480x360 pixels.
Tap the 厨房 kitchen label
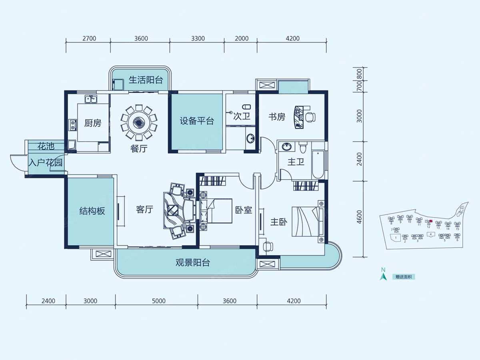click(x=92, y=123)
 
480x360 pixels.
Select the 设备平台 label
click(x=196, y=121)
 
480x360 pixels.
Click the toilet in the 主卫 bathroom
click(x=302, y=148)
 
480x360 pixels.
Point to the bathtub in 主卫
click(x=318, y=164)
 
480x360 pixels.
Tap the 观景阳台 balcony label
click(x=193, y=263)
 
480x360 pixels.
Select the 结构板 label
click(x=92, y=211)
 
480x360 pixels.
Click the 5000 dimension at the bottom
click(x=158, y=301)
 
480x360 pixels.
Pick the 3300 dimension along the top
click(x=198, y=39)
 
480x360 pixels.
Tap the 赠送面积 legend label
click(x=403, y=277)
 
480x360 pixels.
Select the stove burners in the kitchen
click(x=72, y=125)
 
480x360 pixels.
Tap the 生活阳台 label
click(x=146, y=80)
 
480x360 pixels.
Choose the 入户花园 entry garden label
click(x=45, y=163)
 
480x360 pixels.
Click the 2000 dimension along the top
click(x=241, y=39)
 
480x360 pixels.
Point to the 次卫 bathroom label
click(x=241, y=117)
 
